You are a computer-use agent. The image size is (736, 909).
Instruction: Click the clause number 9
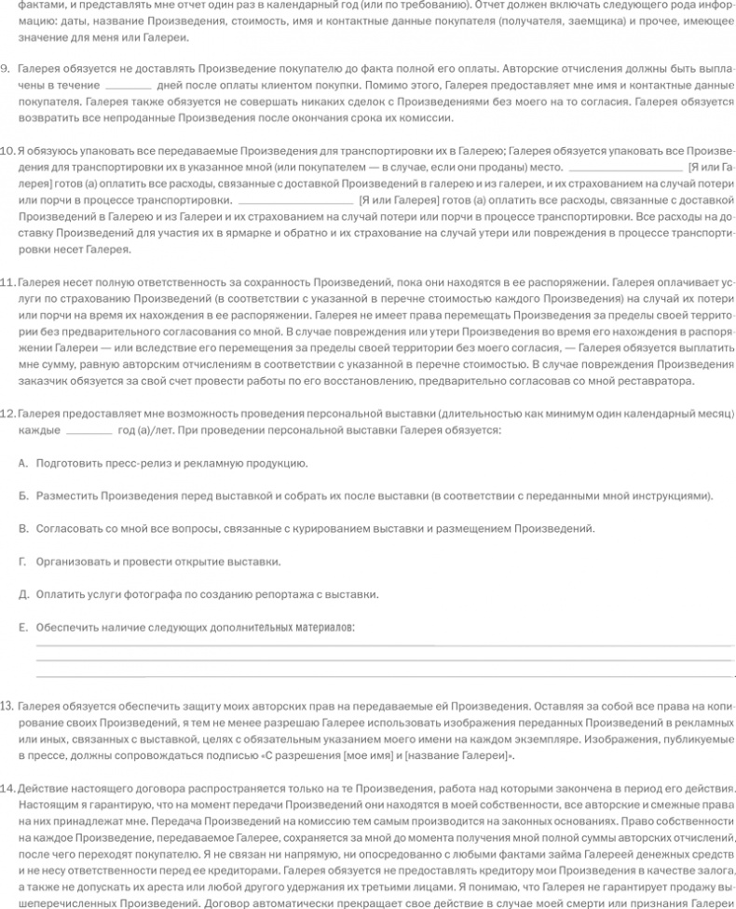(6, 69)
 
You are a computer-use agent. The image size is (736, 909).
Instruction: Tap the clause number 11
(7, 280)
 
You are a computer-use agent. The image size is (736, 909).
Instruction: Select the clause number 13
(7, 705)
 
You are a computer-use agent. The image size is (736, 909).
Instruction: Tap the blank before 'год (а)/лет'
(89, 431)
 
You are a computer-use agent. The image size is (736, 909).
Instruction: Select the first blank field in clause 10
(624, 168)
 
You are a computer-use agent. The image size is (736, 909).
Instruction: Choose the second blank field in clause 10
(296, 199)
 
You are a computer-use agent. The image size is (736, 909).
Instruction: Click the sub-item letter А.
(22, 463)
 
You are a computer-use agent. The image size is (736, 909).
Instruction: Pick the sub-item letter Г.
(22, 561)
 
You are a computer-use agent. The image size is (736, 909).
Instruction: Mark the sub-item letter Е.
(22, 627)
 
